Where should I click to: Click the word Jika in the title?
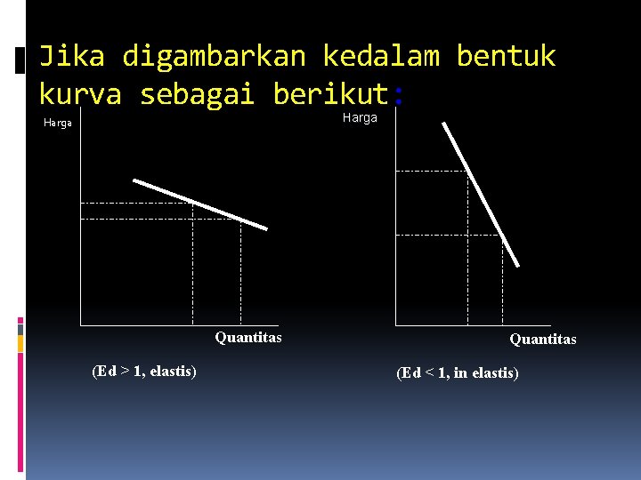[71, 57]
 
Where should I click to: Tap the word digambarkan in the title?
[214, 57]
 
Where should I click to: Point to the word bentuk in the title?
[506, 57]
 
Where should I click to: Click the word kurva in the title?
[80, 93]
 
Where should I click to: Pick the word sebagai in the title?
[197, 93]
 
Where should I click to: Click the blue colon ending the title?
[397, 94]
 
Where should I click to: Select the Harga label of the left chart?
[57, 124]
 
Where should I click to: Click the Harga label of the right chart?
[360, 117]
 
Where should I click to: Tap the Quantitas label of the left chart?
[248, 337]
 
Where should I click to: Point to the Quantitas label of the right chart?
[542, 339]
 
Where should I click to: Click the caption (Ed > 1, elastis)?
[144, 371]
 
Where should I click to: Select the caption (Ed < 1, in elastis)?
[458, 373]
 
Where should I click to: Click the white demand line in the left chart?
[200, 204]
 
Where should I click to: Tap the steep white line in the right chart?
[481, 194]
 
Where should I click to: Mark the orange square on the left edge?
[20, 342]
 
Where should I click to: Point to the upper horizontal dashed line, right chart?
[431, 171]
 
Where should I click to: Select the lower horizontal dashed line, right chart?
[449, 236]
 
